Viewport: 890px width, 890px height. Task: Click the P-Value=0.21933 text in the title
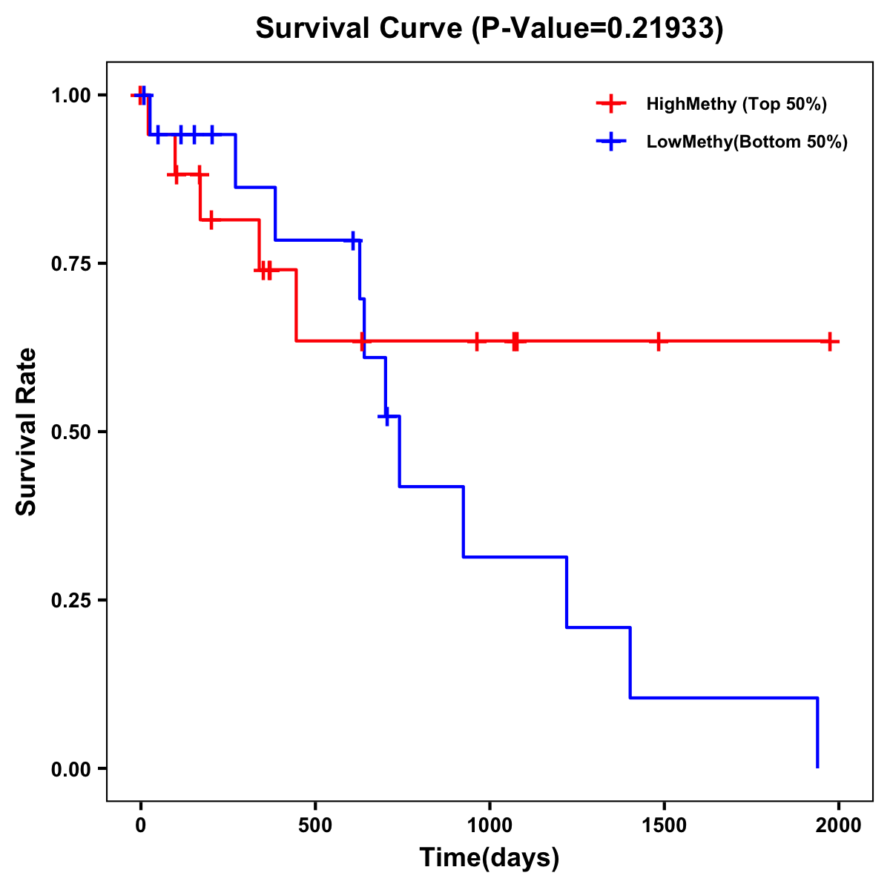[601, 28]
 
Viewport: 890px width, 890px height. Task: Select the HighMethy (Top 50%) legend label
[736, 104]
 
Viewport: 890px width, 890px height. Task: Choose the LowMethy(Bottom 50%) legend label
[747, 142]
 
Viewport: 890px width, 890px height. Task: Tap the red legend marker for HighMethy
[611, 104]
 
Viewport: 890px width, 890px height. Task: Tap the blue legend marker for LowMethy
[611, 142]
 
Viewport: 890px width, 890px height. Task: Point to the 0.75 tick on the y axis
[70, 263]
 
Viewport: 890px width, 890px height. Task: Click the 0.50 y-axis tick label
[70, 432]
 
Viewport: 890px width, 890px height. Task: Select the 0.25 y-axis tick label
[70, 600]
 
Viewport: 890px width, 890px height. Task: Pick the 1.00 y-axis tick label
[70, 95]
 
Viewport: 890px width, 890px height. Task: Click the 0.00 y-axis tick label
[70, 768]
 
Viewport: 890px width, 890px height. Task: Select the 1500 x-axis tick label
[664, 825]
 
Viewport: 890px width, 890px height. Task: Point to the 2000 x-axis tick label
[839, 825]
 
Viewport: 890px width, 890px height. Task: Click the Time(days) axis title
[489, 858]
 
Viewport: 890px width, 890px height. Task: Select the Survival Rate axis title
[27, 432]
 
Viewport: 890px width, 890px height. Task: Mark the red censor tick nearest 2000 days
[831, 341]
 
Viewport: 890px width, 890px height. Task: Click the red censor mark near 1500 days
[658, 341]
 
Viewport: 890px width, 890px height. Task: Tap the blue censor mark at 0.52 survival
[386, 417]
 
